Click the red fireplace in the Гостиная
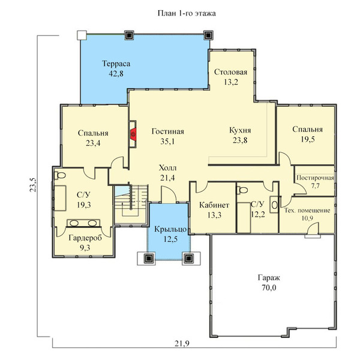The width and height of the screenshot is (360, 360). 133,134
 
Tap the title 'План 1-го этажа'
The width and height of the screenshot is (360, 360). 187,13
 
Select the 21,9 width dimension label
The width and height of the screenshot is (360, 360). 182,343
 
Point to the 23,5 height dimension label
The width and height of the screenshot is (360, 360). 33,185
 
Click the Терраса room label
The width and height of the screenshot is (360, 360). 116,64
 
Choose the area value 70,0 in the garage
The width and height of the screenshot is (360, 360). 269,287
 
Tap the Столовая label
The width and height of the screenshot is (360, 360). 231,72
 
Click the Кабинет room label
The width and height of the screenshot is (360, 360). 214,205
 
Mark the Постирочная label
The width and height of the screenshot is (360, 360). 315,178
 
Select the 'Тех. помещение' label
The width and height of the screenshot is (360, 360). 307,211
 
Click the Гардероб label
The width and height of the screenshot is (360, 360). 85,238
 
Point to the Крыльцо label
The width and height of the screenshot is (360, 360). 170,229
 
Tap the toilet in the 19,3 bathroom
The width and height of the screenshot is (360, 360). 60,175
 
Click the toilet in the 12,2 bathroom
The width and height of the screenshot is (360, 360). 242,190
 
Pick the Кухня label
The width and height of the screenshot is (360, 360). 240,130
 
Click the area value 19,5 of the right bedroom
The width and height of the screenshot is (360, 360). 308,139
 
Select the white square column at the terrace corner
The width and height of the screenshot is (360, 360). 82,35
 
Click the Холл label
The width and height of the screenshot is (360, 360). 167,168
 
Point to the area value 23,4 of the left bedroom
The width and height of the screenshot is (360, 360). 93,143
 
